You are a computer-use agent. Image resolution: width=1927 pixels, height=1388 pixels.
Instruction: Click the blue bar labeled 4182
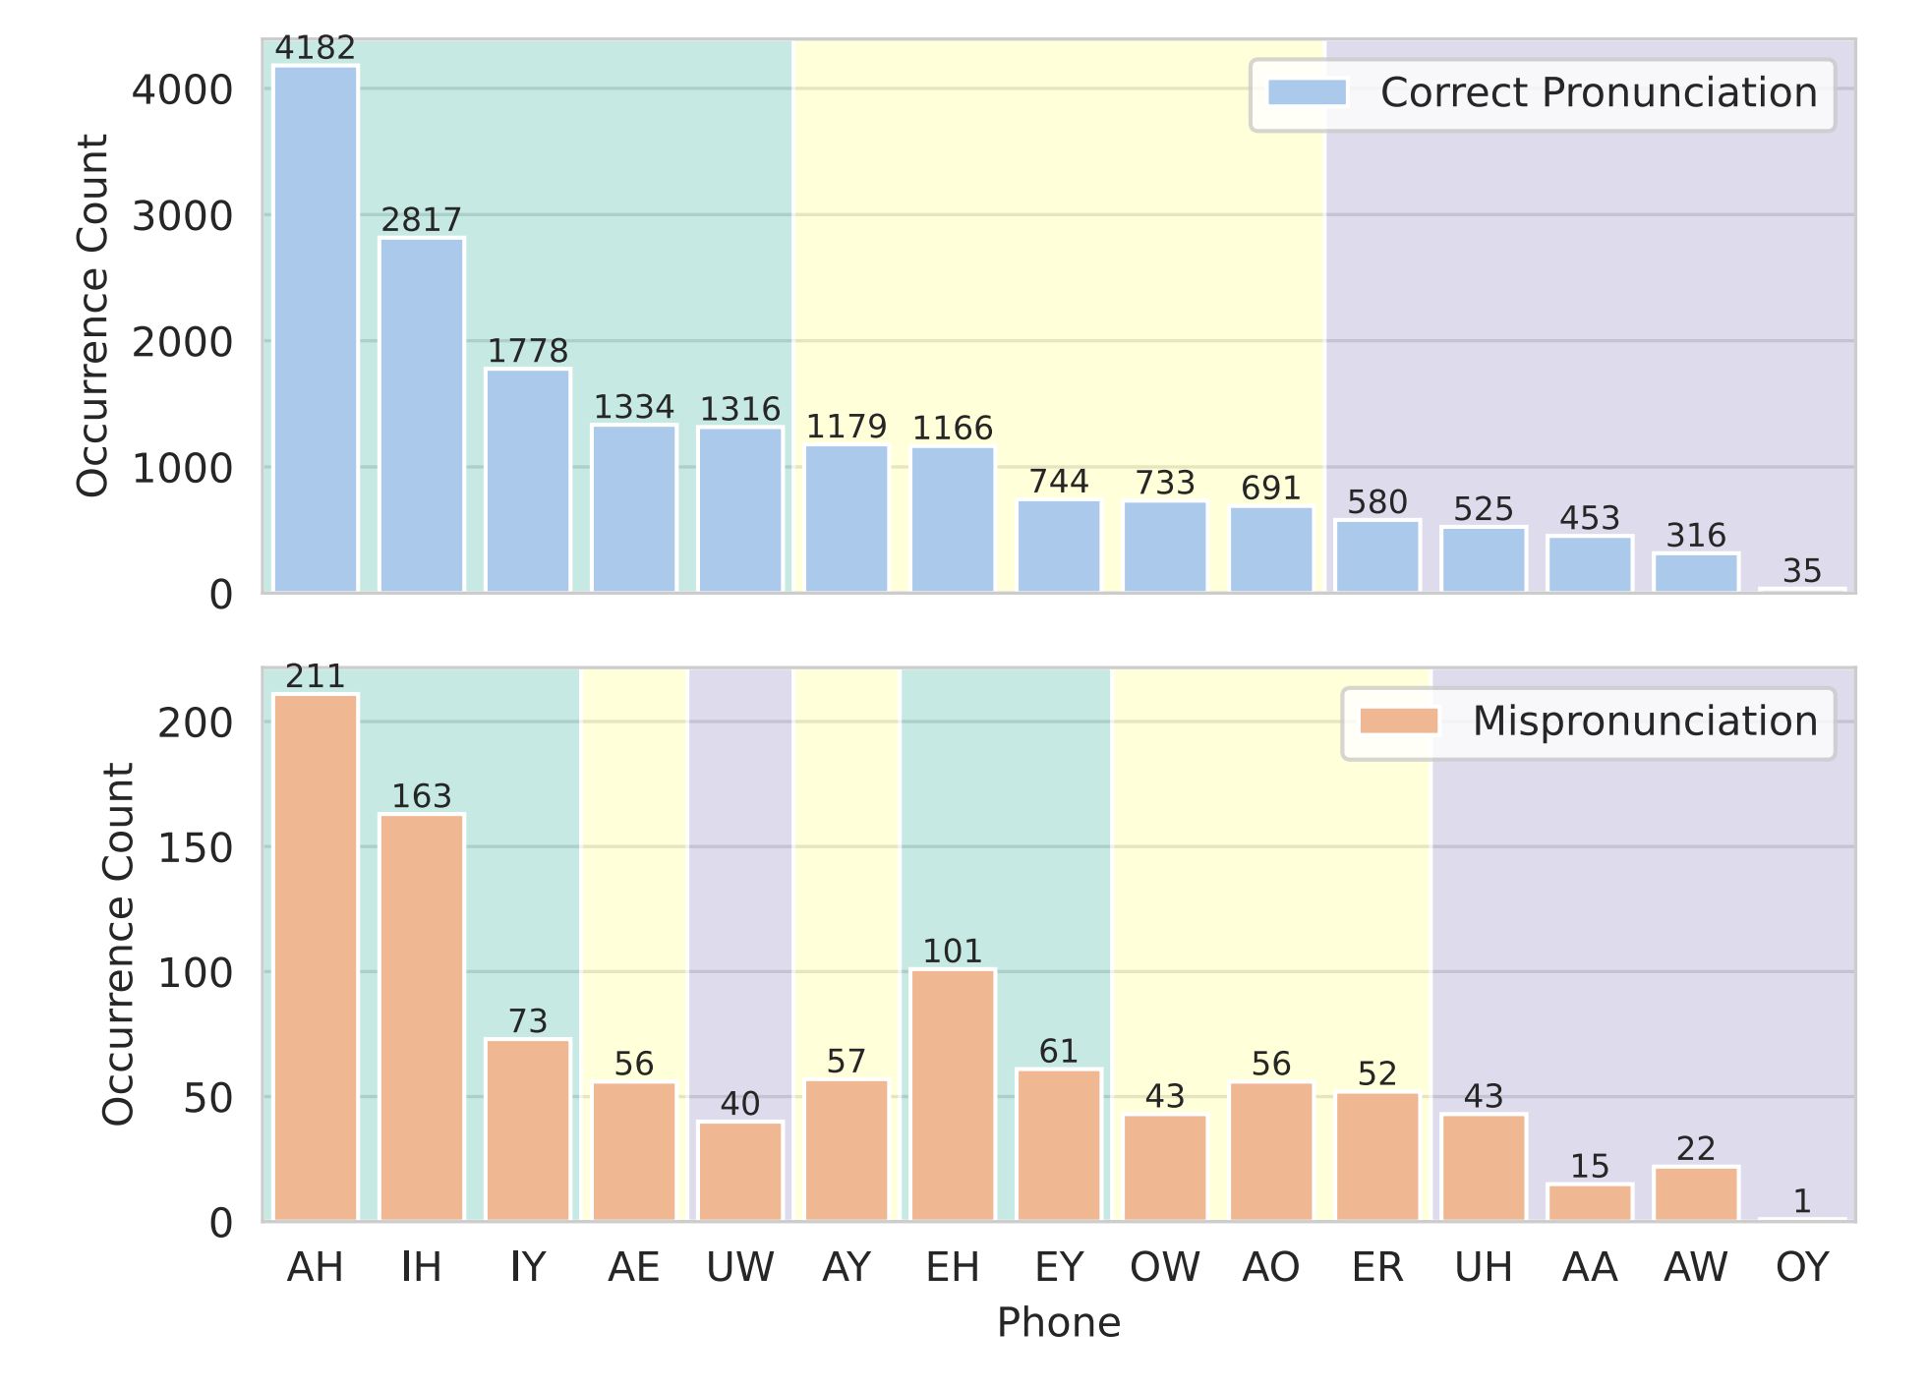tap(316, 329)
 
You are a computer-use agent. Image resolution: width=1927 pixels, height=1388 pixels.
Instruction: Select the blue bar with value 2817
tap(422, 415)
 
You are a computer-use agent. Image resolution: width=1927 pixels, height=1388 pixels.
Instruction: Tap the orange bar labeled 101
tap(953, 1095)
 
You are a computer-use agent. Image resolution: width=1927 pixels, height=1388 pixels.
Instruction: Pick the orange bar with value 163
tap(422, 1017)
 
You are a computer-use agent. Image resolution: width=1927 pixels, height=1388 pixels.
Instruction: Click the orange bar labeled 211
tap(316, 957)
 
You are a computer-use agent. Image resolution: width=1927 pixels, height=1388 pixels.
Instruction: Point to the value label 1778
tap(528, 351)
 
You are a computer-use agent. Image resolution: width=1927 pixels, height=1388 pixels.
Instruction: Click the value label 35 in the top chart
tap(1802, 571)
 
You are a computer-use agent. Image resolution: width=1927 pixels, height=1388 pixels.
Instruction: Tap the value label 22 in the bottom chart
tap(1696, 1148)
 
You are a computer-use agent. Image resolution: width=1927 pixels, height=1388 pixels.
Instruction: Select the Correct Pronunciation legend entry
tap(1543, 93)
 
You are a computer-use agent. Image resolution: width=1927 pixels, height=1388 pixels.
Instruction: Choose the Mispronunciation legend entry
tap(1589, 722)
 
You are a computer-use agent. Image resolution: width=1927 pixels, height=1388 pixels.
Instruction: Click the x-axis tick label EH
tap(953, 1268)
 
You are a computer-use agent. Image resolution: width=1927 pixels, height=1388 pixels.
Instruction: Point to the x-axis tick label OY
tap(1802, 1268)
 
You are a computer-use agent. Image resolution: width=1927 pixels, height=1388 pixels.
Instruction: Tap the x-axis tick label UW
tap(740, 1268)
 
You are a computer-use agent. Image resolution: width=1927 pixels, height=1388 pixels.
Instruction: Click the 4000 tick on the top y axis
tap(182, 90)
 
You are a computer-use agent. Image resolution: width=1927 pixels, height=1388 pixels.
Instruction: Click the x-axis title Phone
tap(1059, 1324)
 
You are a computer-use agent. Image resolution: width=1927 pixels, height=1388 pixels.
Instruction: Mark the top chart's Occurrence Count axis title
tap(92, 316)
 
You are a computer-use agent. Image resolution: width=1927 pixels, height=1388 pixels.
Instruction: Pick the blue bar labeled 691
tap(1271, 549)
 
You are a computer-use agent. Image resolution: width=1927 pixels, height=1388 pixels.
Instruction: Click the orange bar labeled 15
tap(1590, 1203)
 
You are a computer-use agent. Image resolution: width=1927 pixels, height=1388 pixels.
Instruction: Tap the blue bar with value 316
tap(1696, 573)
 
